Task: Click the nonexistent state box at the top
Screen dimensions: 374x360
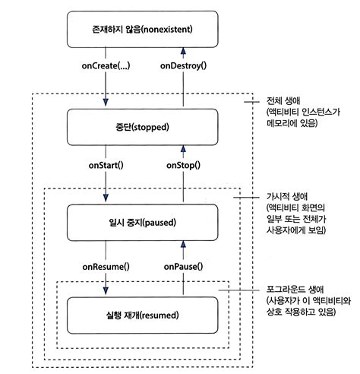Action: coord(142,31)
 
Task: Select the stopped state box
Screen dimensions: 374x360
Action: coord(142,126)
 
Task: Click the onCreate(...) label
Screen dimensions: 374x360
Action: coord(106,66)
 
